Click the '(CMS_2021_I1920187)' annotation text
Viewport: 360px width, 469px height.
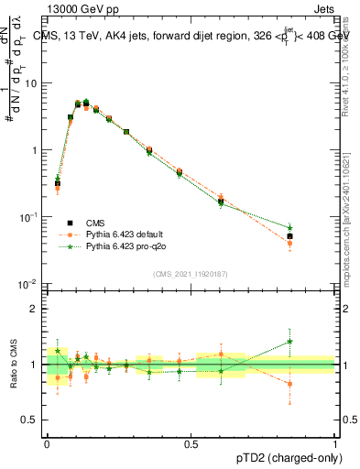pyautogui.click(x=191, y=272)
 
